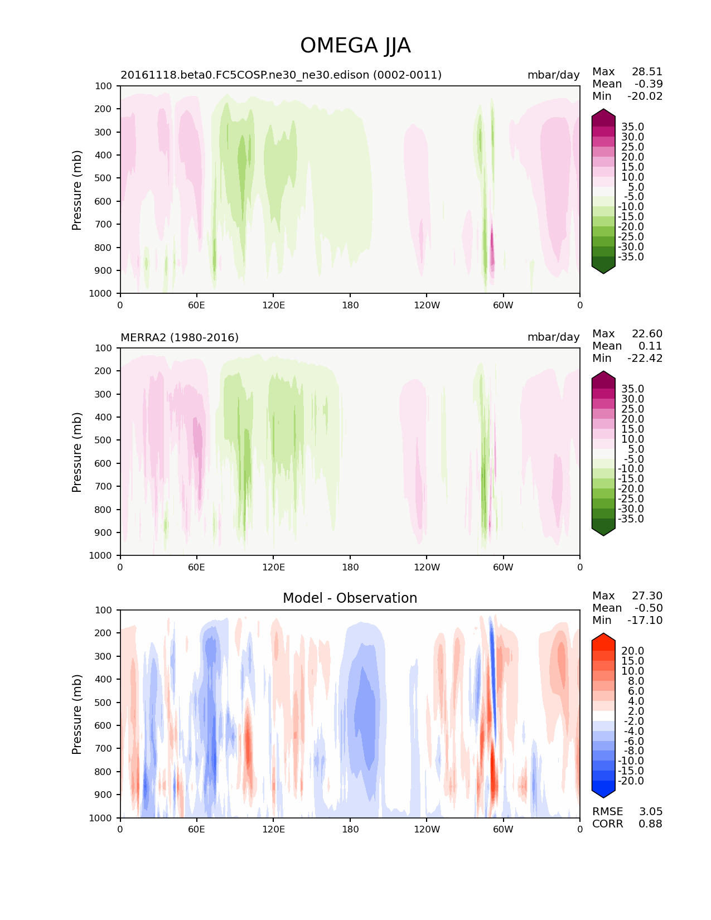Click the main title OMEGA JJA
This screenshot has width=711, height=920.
click(355, 46)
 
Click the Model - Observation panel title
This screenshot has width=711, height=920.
click(350, 598)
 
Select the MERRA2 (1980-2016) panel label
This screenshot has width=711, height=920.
click(180, 337)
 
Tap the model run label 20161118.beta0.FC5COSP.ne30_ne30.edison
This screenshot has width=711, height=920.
click(281, 75)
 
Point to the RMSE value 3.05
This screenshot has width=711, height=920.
click(650, 811)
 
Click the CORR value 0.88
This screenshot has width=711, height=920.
click(650, 824)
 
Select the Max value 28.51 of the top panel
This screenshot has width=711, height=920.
click(647, 71)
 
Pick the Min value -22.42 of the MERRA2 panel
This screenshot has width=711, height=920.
click(645, 358)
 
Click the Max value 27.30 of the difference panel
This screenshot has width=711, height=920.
click(647, 595)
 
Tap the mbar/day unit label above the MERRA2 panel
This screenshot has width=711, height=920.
click(553, 337)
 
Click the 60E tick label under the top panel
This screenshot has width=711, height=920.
click(196, 305)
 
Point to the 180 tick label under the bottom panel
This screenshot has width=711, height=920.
click(350, 829)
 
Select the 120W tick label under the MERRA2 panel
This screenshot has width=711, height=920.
click(427, 567)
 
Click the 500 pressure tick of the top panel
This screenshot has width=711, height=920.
click(104, 178)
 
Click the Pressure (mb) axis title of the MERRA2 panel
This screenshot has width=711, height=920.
click(77, 452)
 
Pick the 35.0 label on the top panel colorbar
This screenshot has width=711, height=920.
click(632, 127)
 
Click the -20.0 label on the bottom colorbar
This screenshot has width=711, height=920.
click(631, 781)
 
